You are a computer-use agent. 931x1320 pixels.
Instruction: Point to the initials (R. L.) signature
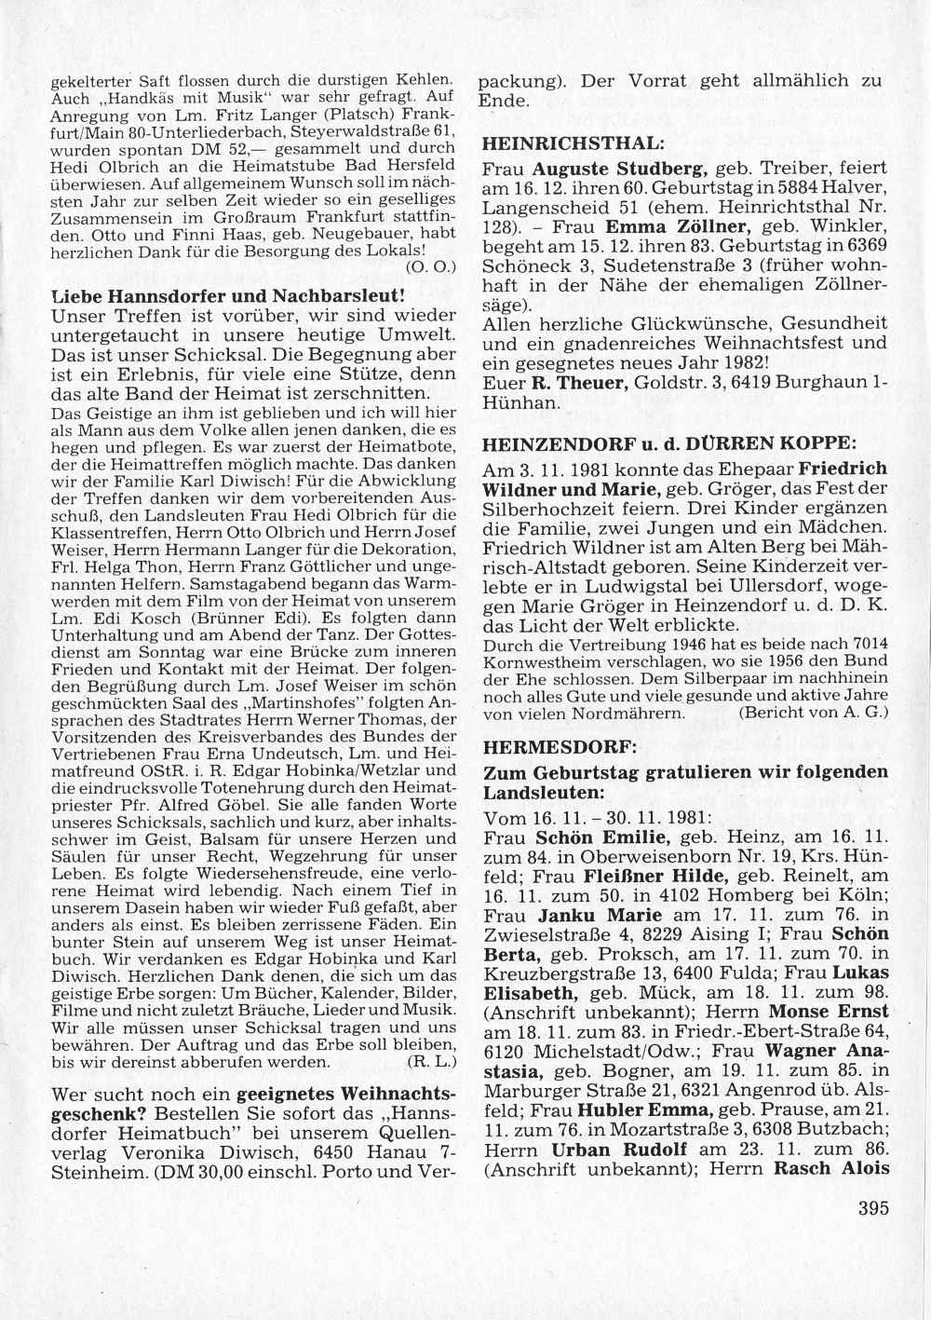(431, 1060)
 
